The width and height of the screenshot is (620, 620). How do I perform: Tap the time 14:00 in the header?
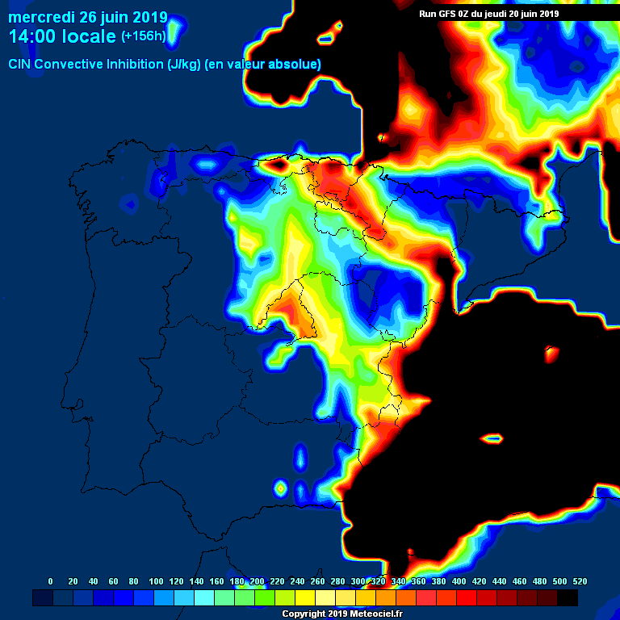(33, 36)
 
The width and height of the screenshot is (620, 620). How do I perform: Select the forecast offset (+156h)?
(145, 37)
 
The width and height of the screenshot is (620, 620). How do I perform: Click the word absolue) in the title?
(295, 65)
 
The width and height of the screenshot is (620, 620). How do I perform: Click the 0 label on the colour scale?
(51, 581)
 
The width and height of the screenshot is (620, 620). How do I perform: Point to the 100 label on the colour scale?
(156, 581)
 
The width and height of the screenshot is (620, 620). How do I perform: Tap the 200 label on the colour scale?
(257, 581)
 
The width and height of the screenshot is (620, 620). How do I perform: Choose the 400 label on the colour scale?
(459, 581)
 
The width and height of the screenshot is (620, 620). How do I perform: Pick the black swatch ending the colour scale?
(568, 597)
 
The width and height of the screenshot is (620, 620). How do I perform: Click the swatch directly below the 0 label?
(43, 597)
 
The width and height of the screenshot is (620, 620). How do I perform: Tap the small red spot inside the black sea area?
(552, 353)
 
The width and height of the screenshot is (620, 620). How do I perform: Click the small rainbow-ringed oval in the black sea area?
(492, 439)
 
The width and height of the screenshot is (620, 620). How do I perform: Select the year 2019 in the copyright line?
(336, 614)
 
